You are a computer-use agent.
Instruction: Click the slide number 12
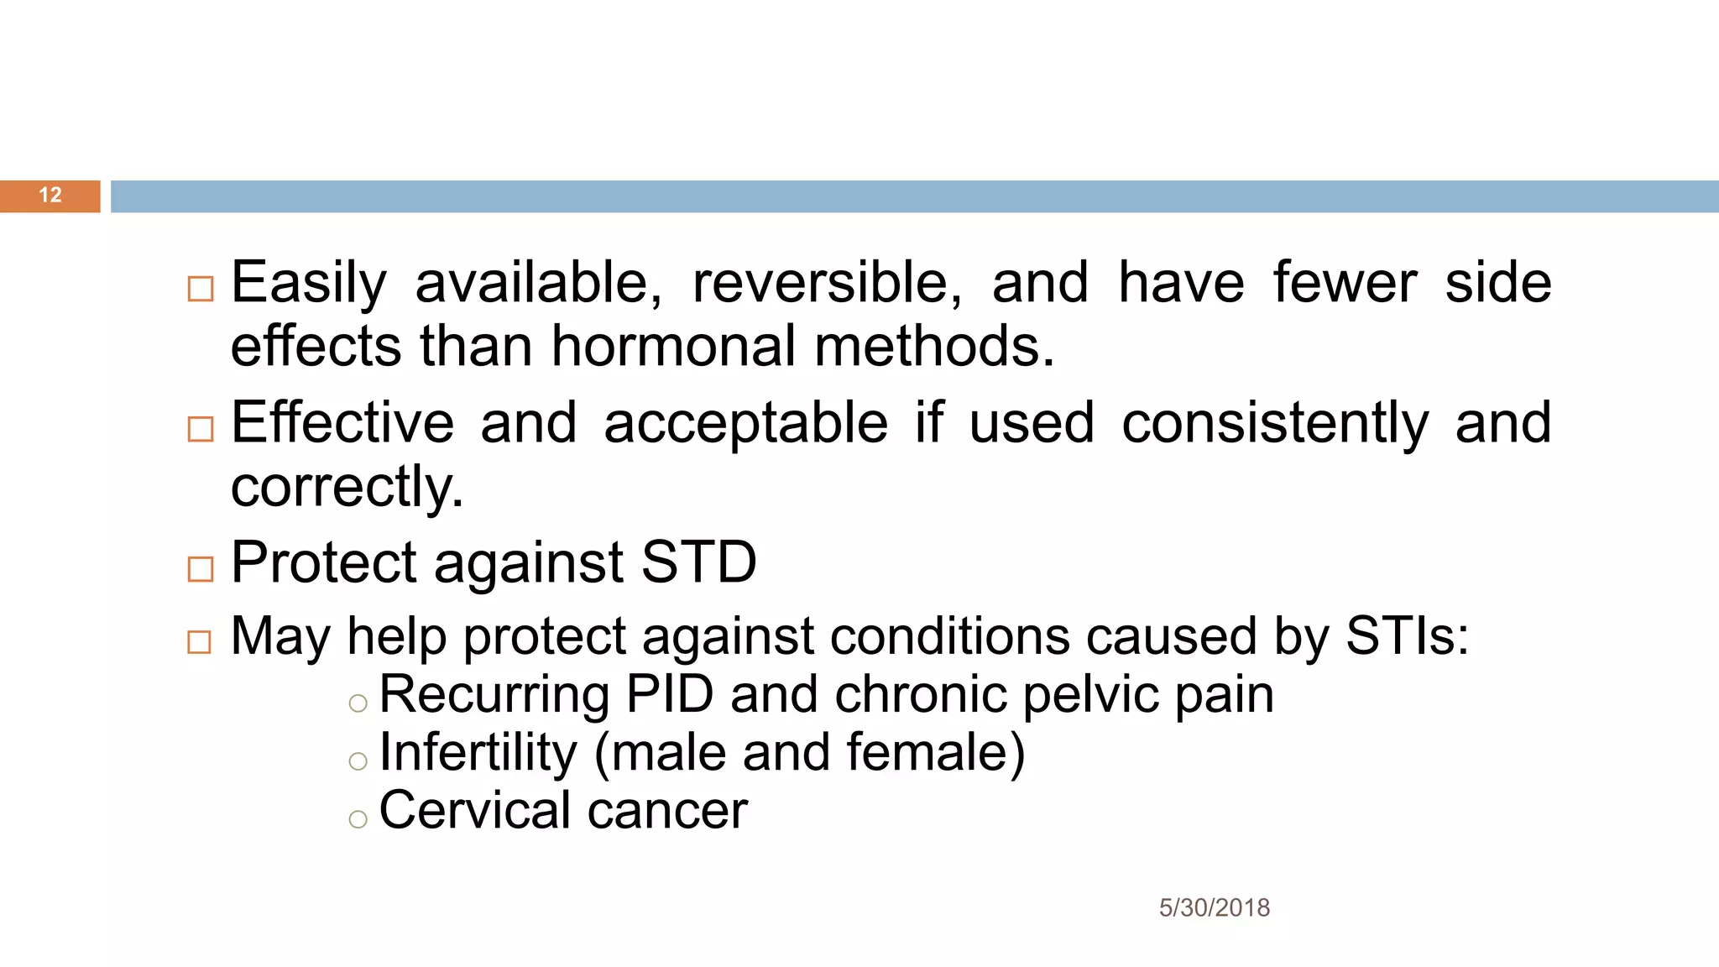(x=50, y=196)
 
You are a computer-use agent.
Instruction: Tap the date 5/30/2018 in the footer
(x=1214, y=907)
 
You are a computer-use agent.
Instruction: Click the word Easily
(x=308, y=283)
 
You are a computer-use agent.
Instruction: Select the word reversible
(x=827, y=283)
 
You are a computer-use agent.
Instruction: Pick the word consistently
(x=1275, y=424)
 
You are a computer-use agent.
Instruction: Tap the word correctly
(x=347, y=487)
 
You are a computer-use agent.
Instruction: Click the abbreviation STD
(x=698, y=562)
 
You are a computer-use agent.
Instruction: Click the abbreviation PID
(x=670, y=694)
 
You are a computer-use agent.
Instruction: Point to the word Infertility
(x=478, y=752)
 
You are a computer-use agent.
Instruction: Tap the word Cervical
(x=475, y=810)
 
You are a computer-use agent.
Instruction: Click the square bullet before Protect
(x=201, y=569)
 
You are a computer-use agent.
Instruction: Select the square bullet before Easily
(x=201, y=289)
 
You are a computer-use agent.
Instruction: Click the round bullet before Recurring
(x=358, y=703)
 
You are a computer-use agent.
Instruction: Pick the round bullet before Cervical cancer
(x=358, y=819)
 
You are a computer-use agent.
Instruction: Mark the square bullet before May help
(x=200, y=642)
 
